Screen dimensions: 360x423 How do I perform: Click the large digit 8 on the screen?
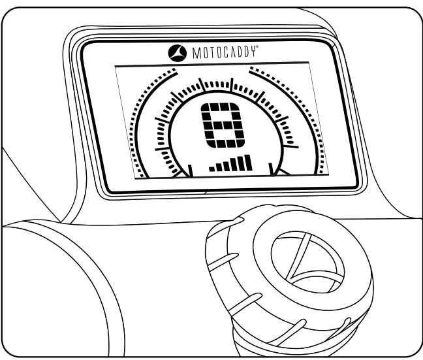[x=221, y=126]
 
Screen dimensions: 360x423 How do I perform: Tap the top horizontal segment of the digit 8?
[x=221, y=106]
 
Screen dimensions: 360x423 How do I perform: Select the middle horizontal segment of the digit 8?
[x=221, y=126]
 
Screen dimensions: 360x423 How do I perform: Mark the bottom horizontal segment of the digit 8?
[x=221, y=145]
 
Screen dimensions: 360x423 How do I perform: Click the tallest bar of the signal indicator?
[x=247, y=163]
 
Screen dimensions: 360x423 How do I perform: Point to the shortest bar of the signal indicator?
[x=211, y=169]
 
